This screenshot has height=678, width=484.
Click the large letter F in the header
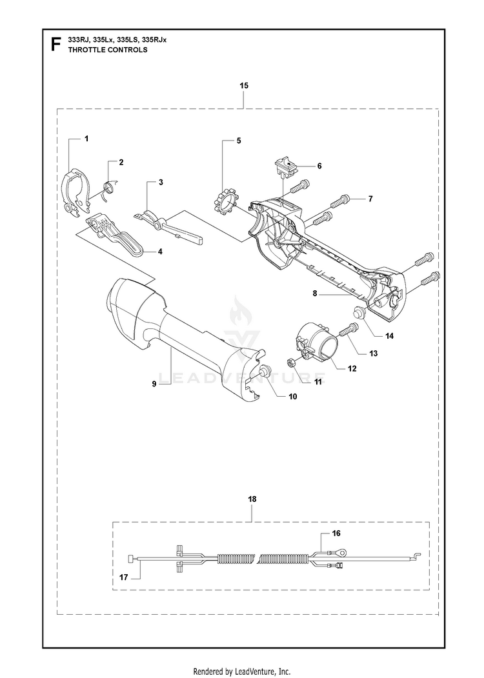point(55,45)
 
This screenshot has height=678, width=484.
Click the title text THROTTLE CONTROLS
point(108,50)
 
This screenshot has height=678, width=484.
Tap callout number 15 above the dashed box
point(244,86)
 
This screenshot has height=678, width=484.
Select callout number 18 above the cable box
point(252,499)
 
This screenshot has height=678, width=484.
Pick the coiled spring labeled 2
point(110,188)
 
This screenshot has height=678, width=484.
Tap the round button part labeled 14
point(360,312)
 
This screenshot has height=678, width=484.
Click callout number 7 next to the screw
point(370,199)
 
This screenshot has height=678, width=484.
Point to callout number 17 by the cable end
point(124,577)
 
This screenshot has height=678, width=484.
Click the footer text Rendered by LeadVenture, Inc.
point(242,672)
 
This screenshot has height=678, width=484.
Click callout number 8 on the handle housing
point(315,294)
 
